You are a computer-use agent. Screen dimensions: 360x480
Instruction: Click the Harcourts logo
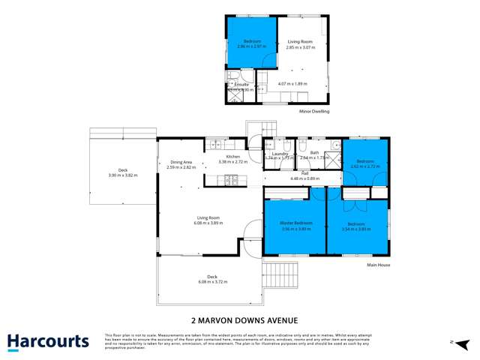[x=48, y=342]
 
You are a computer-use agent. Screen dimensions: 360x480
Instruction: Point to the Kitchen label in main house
[x=228, y=156]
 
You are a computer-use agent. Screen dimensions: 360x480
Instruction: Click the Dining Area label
[x=181, y=162]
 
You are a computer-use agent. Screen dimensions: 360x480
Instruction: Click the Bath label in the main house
[x=314, y=153]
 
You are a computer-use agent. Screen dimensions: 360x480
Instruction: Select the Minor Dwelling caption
[x=313, y=112]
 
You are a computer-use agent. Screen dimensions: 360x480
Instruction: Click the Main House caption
[x=378, y=265]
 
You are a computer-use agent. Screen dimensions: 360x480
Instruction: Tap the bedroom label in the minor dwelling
[x=251, y=41]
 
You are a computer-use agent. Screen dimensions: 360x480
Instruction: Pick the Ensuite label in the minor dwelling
[x=241, y=85]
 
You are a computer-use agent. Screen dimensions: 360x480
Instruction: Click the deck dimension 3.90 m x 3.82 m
[x=122, y=174]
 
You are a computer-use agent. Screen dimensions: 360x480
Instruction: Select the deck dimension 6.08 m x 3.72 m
[x=212, y=281]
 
